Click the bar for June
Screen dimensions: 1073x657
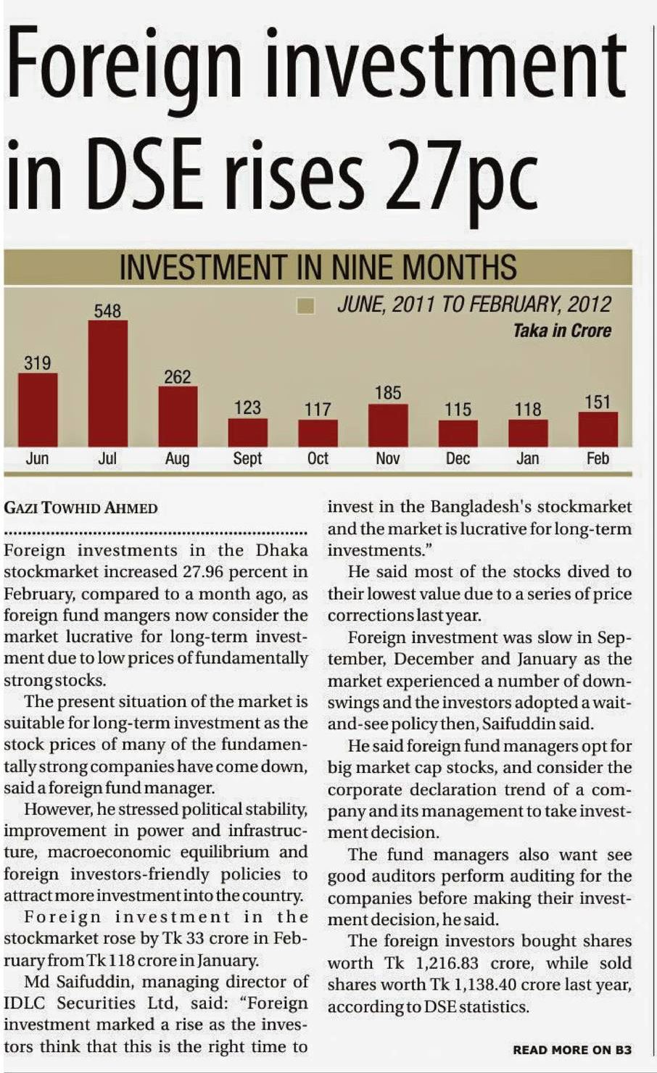pos(38,410)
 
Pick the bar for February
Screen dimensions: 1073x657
pos(598,428)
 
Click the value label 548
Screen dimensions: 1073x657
pos(107,311)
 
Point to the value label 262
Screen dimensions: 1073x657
pos(178,377)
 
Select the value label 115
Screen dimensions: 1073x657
pos(458,410)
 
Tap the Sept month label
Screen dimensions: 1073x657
pos(247,458)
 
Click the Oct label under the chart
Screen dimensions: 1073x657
pos(318,458)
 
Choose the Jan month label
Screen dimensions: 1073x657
pos(527,458)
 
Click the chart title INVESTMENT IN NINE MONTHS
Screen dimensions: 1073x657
pos(318,268)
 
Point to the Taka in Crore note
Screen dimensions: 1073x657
pos(562,331)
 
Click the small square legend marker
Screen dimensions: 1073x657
pos(306,306)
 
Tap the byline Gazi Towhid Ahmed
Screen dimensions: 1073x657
pos(80,507)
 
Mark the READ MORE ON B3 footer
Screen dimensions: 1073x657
pos(571,1050)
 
